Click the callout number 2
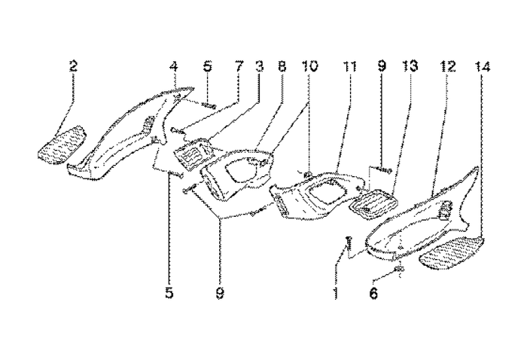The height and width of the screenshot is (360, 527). click(x=73, y=66)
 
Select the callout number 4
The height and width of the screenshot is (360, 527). click(x=173, y=66)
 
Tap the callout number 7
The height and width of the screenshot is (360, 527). click(x=239, y=66)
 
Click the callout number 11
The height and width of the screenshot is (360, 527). click(x=349, y=66)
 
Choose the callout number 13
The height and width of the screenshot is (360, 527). click(x=410, y=66)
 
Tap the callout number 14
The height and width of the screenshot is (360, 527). click(x=483, y=66)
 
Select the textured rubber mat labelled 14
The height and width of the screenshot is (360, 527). click(x=452, y=251)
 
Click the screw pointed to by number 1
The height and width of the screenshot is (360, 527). click(x=349, y=244)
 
